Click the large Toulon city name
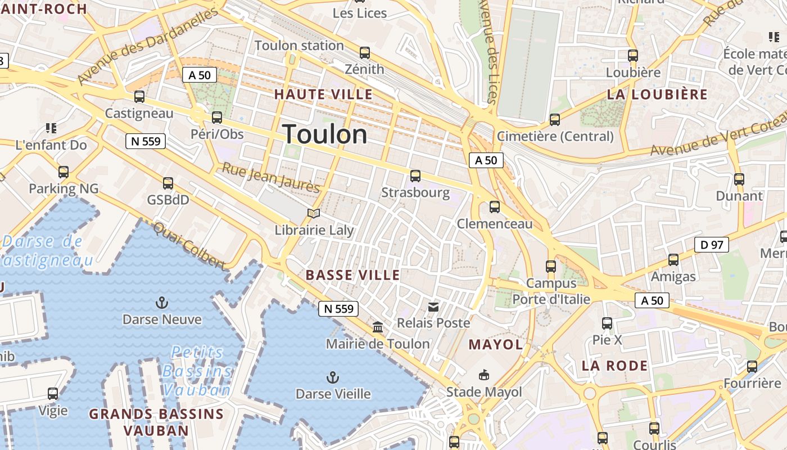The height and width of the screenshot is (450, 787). click(x=325, y=134)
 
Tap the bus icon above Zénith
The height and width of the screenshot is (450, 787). click(x=365, y=53)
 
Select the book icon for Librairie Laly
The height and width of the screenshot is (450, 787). click(x=314, y=214)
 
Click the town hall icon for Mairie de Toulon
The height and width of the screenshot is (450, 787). click(x=378, y=327)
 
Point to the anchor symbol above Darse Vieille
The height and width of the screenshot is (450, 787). click(x=333, y=377)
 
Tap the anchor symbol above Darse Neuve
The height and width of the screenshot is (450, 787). click(x=162, y=303)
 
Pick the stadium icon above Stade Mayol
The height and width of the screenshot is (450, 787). click(x=483, y=375)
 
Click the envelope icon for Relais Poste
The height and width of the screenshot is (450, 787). click(x=433, y=307)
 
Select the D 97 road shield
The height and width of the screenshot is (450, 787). click(x=712, y=245)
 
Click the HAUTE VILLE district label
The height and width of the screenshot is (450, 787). click(x=323, y=94)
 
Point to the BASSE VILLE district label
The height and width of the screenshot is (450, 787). click(x=352, y=275)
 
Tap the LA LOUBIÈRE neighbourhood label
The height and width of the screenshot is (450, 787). click(x=657, y=94)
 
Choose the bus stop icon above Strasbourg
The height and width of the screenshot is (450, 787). click(x=415, y=176)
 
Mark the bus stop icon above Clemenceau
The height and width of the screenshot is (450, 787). click(x=495, y=207)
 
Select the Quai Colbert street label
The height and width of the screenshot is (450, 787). click(x=189, y=245)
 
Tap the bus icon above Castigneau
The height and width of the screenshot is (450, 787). click(x=139, y=97)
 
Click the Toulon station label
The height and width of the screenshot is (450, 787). click(x=299, y=46)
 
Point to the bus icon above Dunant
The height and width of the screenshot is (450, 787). click(x=739, y=179)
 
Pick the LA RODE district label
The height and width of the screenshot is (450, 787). click(x=614, y=366)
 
